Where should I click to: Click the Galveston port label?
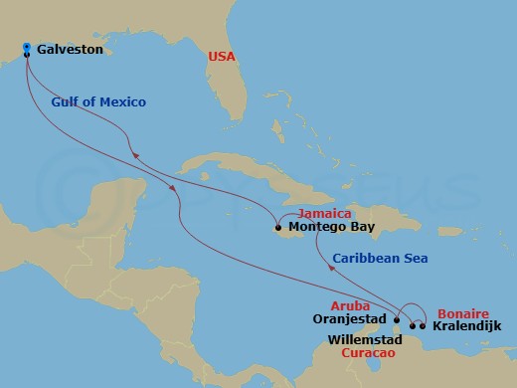point(70,48)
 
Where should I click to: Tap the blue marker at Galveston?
point(26,47)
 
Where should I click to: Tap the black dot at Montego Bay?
point(277,227)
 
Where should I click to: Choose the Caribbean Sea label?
point(380,259)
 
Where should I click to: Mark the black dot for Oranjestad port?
point(397,321)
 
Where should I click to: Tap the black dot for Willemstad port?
point(414,325)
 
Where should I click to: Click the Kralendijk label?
point(467,325)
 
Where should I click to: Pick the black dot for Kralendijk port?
point(424,325)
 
